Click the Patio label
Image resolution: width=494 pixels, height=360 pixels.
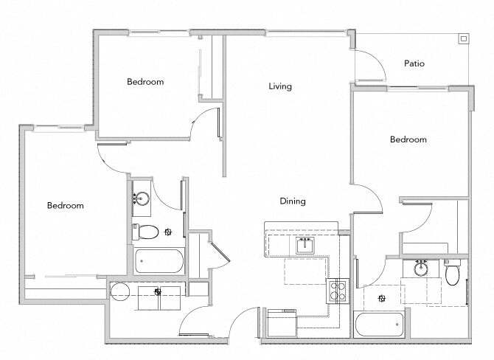(414, 63)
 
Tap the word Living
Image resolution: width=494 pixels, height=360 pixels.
(279, 86)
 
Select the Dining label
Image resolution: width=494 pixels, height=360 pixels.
(292, 201)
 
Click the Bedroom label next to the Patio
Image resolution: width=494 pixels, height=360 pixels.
(408, 139)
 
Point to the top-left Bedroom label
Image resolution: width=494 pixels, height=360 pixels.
(145, 82)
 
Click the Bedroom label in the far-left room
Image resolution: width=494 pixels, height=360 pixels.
(65, 206)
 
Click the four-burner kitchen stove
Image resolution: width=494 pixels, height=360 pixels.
(338, 290)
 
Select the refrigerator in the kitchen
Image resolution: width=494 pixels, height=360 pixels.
(281, 322)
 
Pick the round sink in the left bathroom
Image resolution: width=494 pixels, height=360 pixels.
(142, 198)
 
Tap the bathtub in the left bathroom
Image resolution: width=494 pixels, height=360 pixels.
(159, 262)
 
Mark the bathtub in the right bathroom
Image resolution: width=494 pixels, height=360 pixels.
(379, 323)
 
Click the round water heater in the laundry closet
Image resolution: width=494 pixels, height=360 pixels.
(120, 291)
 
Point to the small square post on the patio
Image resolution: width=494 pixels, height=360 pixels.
(463, 38)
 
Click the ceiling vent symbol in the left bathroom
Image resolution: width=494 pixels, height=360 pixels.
(169, 232)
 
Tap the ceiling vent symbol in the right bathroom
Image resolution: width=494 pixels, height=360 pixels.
(381, 298)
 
